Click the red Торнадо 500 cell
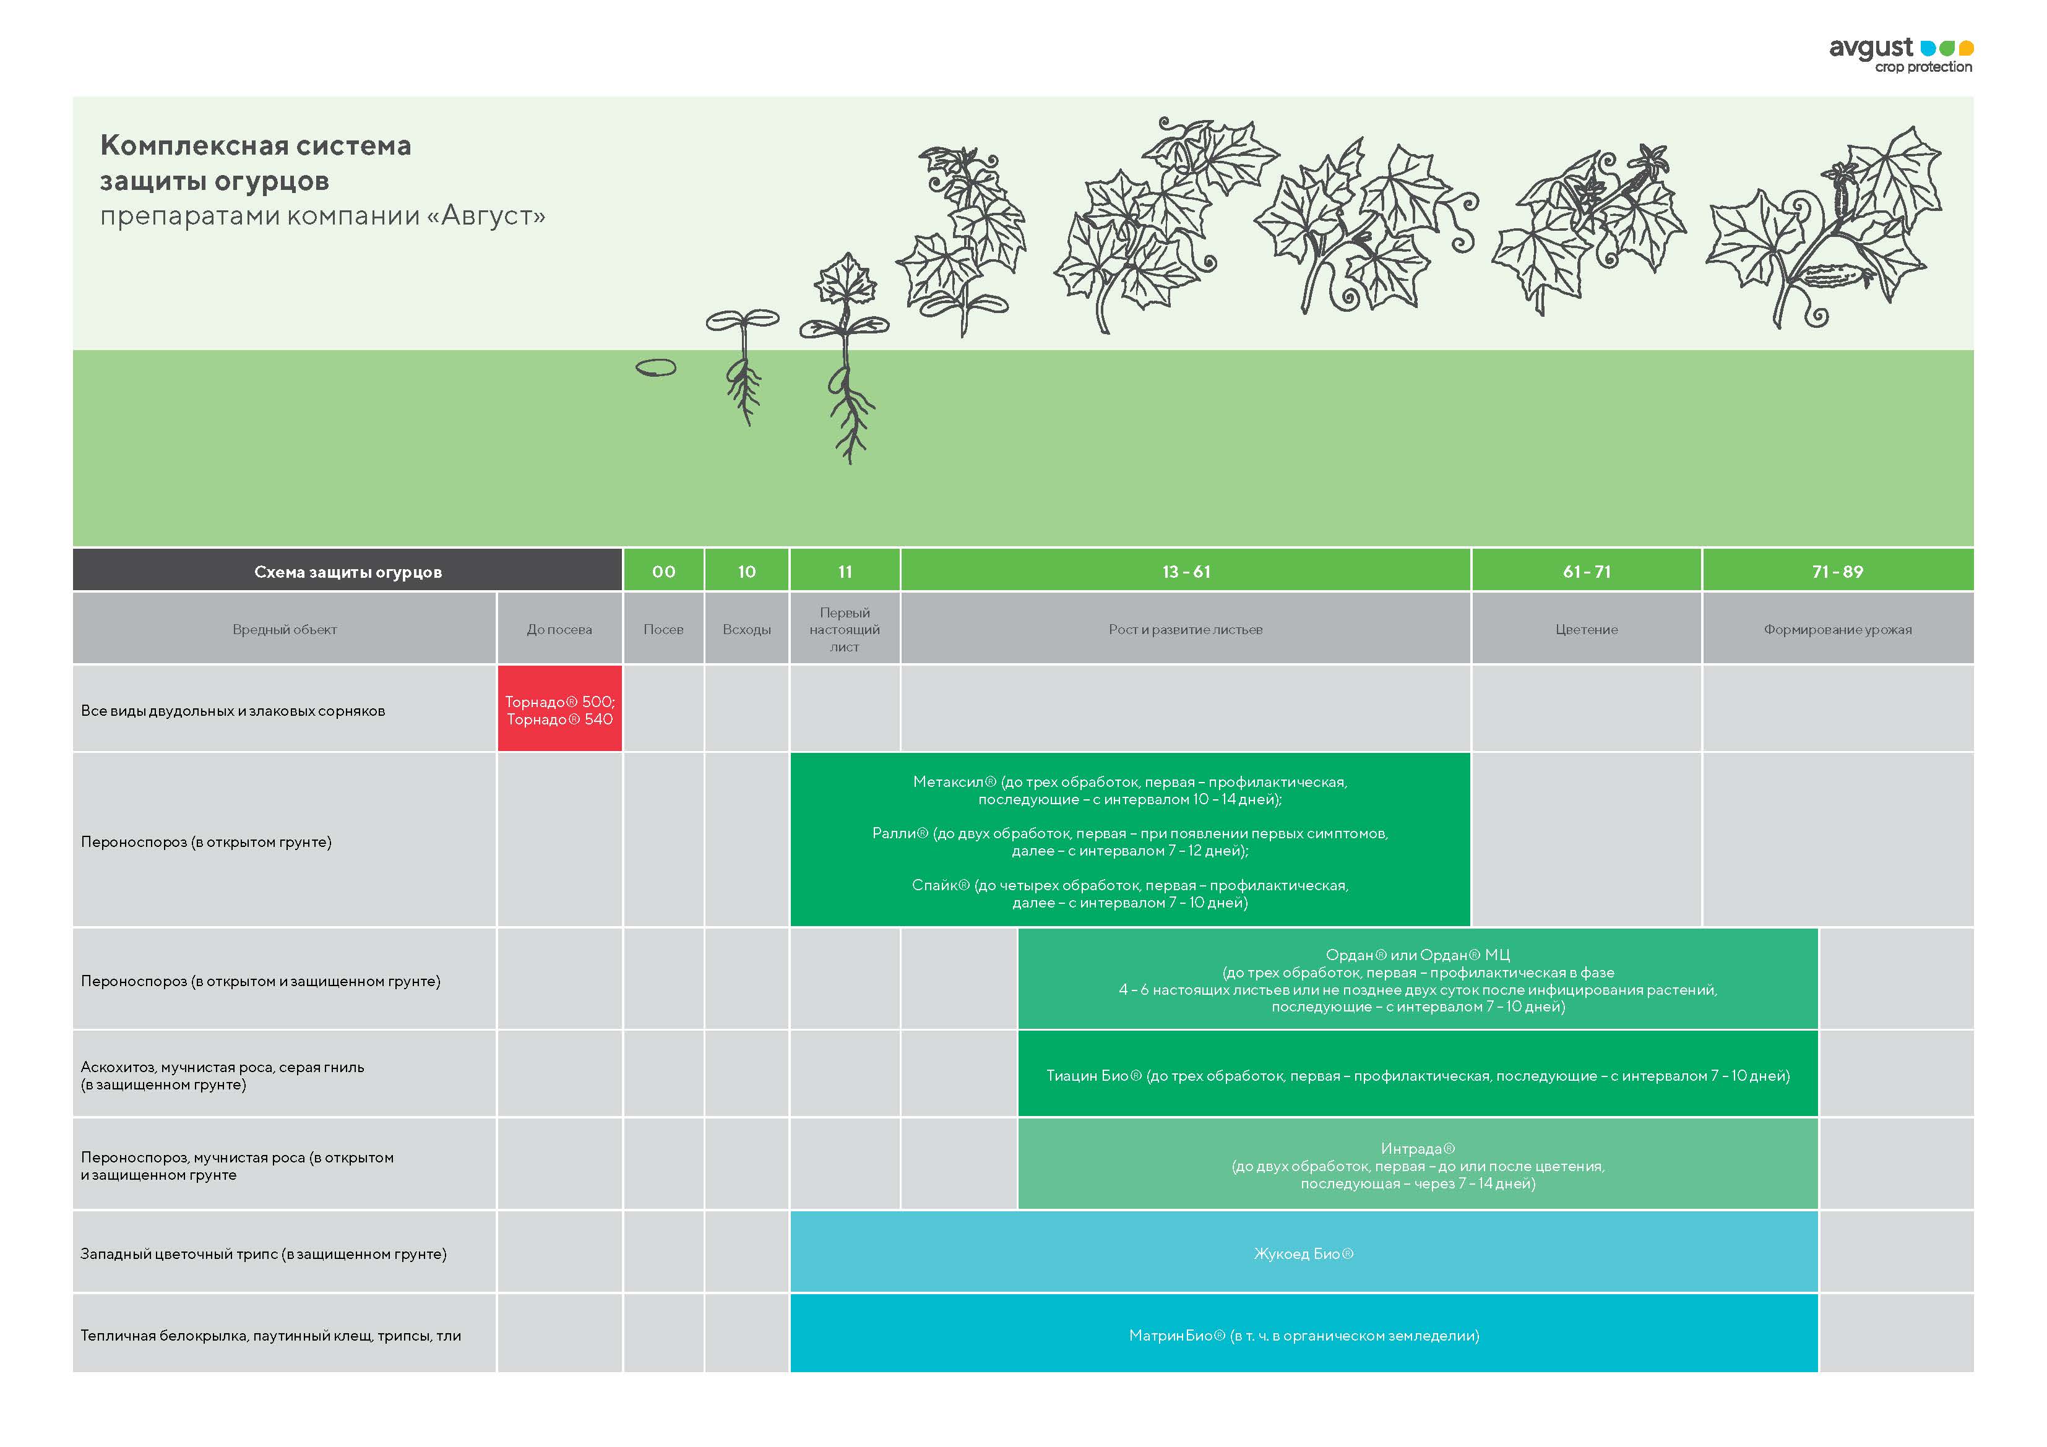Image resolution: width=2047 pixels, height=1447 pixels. pos(559,710)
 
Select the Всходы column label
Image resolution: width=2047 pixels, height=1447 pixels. pos(746,629)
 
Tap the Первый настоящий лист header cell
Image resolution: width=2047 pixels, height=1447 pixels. pos(844,629)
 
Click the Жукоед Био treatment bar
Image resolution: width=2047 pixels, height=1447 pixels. pos(1303,1253)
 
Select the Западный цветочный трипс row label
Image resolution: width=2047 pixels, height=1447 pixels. pos(264,1253)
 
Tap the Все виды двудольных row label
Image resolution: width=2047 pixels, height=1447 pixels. pos(233,711)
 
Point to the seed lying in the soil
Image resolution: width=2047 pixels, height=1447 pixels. pos(656,367)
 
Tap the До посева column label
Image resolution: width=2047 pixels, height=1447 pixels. pos(559,629)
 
